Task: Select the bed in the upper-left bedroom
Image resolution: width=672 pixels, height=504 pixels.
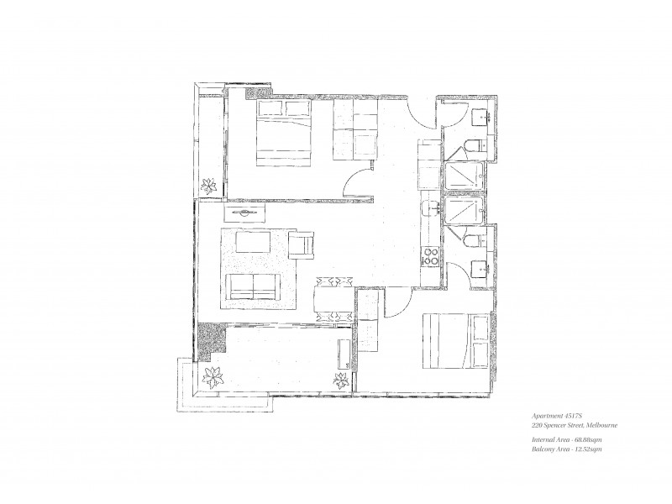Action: [283, 132]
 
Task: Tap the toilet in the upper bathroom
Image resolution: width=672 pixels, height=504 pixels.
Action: [472, 146]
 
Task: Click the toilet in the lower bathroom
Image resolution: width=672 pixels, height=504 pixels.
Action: [473, 241]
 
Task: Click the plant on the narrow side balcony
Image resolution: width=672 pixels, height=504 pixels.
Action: [209, 184]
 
